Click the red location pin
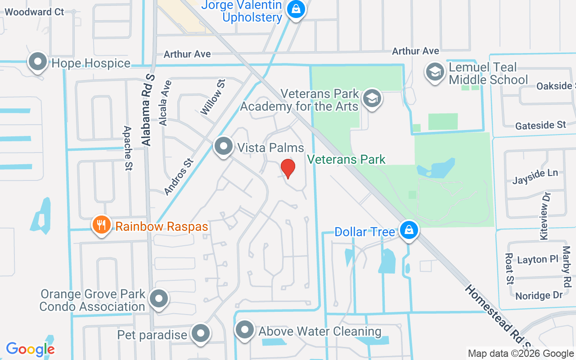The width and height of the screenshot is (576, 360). tap(288, 168)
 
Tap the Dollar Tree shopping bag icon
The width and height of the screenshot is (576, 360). tap(409, 230)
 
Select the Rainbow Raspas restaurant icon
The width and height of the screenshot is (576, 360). tap(101, 224)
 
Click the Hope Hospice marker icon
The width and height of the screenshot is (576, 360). tap(38, 62)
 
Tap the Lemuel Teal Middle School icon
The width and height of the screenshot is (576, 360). tap(435, 72)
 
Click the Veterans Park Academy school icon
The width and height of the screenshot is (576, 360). tap(372, 99)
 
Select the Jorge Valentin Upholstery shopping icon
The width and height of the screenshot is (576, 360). tap(296, 9)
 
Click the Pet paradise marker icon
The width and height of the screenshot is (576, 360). tap(201, 333)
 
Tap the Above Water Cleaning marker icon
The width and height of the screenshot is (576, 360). tap(245, 330)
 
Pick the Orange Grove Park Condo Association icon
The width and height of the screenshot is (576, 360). tap(158, 298)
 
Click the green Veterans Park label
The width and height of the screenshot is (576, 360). tap(346, 159)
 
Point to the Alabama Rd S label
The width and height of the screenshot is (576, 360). tap(148, 110)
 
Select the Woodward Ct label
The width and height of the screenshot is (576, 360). tap(35, 12)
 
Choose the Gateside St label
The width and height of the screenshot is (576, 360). tap(540, 125)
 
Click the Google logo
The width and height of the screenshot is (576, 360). tap(30, 349)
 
